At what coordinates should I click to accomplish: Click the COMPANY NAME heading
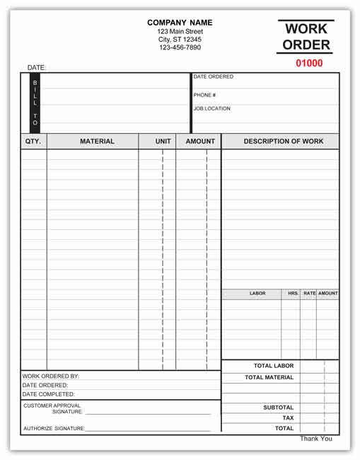tap(180, 23)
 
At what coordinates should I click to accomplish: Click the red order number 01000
tap(309, 63)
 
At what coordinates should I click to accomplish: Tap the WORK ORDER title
tap(306, 38)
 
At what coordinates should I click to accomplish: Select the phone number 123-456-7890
tap(180, 47)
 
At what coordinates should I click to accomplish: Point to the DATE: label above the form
tap(37, 68)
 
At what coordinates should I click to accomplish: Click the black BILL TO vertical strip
tap(35, 103)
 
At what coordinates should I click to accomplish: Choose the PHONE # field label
tap(204, 95)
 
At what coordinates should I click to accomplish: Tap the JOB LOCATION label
tap(211, 109)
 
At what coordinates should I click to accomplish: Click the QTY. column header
tap(33, 142)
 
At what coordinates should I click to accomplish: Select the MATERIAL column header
tap(97, 142)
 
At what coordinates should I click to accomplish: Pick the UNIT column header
tap(163, 142)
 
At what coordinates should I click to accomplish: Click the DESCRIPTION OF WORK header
tap(284, 142)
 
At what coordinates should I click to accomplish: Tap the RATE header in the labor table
tap(310, 293)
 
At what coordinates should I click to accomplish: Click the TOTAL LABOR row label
tap(274, 366)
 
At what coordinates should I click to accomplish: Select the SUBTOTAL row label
tap(278, 408)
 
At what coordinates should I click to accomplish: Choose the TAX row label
tap(287, 418)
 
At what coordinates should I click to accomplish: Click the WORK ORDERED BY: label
tap(51, 376)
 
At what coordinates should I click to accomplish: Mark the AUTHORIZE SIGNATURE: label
tap(54, 428)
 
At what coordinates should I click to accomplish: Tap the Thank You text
tap(315, 439)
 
